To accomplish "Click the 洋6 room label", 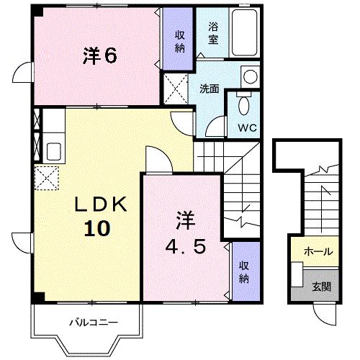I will (100, 56).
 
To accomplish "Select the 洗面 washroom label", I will (210, 89).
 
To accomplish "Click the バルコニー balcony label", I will (88, 322).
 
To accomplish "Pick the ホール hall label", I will (318, 251).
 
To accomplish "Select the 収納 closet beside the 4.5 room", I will (244, 270).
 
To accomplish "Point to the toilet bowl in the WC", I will (244, 106).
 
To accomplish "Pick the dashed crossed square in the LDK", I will (47, 175).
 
